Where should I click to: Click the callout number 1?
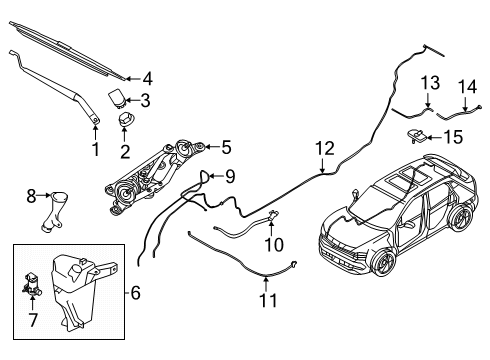[x=96, y=149]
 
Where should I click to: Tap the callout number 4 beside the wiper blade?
[x=147, y=77]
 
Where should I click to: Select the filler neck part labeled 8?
[x=52, y=209]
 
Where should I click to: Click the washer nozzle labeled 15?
[x=416, y=134]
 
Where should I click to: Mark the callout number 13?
[x=428, y=81]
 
